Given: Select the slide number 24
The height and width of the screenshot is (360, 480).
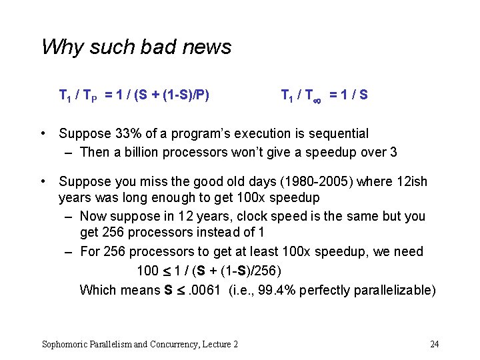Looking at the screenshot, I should (434, 344).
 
